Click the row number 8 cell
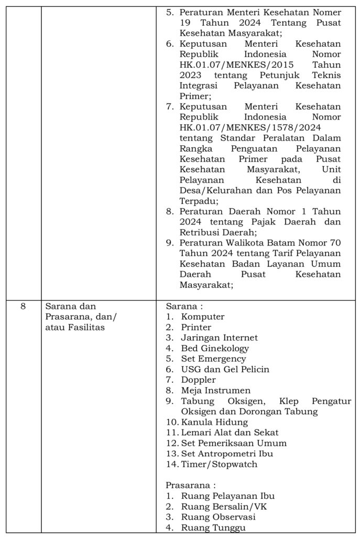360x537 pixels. coord(23,306)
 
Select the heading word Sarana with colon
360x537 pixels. coord(184,306)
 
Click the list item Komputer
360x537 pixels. coord(203,317)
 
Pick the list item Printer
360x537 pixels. coord(197,327)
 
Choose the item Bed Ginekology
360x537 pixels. coord(215,348)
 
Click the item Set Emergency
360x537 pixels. coord(213,359)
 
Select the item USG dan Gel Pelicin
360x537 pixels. coord(225,369)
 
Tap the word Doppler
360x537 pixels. coord(198,380)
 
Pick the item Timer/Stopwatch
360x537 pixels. coord(219,464)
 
